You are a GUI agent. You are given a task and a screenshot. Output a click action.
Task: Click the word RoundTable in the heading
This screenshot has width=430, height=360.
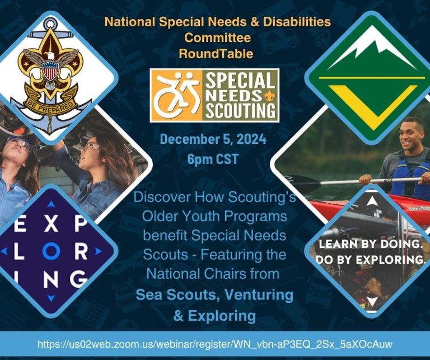[216, 54]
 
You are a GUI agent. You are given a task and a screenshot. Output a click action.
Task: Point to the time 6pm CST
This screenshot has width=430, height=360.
[213, 159]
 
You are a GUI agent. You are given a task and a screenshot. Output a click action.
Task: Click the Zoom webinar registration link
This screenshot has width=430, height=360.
[214, 343]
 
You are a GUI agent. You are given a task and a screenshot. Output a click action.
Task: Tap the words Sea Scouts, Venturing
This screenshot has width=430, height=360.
[214, 294]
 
